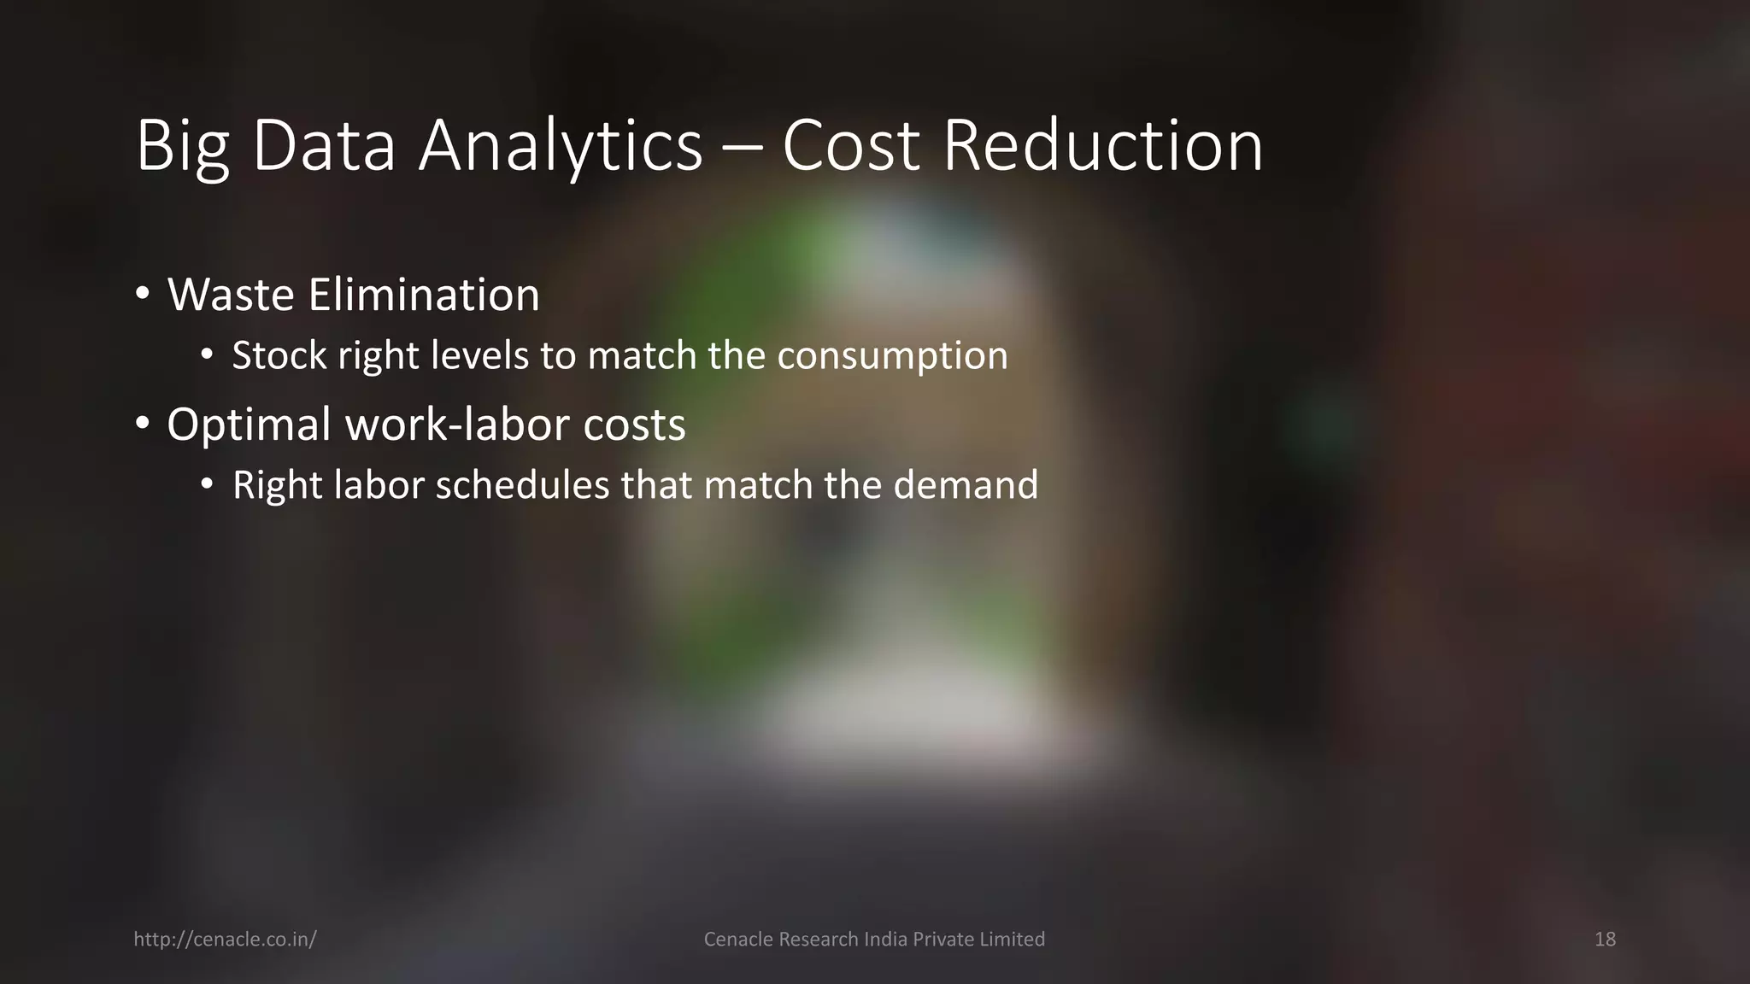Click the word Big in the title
pyautogui.click(x=183, y=147)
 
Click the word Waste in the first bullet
pyautogui.click(x=231, y=295)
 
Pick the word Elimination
pyautogui.click(x=424, y=295)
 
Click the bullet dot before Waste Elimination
pyautogui.click(x=143, y=294)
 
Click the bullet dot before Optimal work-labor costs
pyautogui.click(x=143, y=422)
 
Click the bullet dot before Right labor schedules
pyautogui.click(x=207, y=484)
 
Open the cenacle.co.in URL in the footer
pyautogui.click(x=225, y=940)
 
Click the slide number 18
pyautogui.click(x=1605, y=940)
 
